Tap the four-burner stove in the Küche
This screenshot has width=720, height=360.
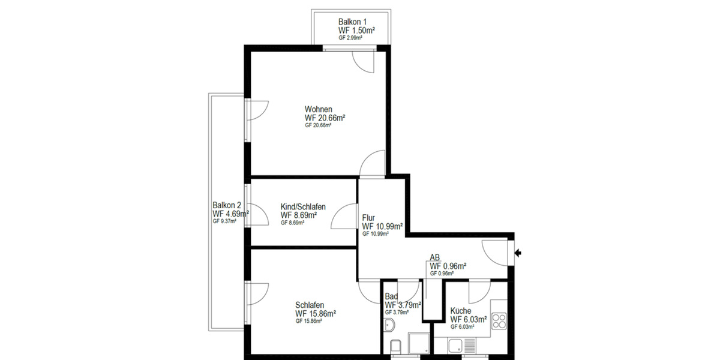click(x=499, y=322)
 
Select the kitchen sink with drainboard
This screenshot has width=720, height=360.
click(x=462, y=344)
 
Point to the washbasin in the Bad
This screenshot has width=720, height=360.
click(x=388, y=326)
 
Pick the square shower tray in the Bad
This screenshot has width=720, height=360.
click(x=419, y=344)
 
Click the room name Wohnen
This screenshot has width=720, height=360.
click(x=318, y=109)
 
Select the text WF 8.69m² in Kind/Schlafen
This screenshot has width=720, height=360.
click(x=299, y=215)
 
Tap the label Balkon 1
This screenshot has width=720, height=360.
click(x=352, y=22)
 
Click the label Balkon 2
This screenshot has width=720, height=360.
click(x=226, y=205)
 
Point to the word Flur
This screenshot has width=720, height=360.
click(x=369, y=218)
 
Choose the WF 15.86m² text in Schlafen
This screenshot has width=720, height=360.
click(x=315, y=313)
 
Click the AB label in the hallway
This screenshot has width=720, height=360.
click(x=435, y=258)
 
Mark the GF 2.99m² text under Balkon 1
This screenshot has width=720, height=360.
click(x=350, y=38)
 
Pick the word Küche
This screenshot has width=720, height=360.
click(x=461, y=311)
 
